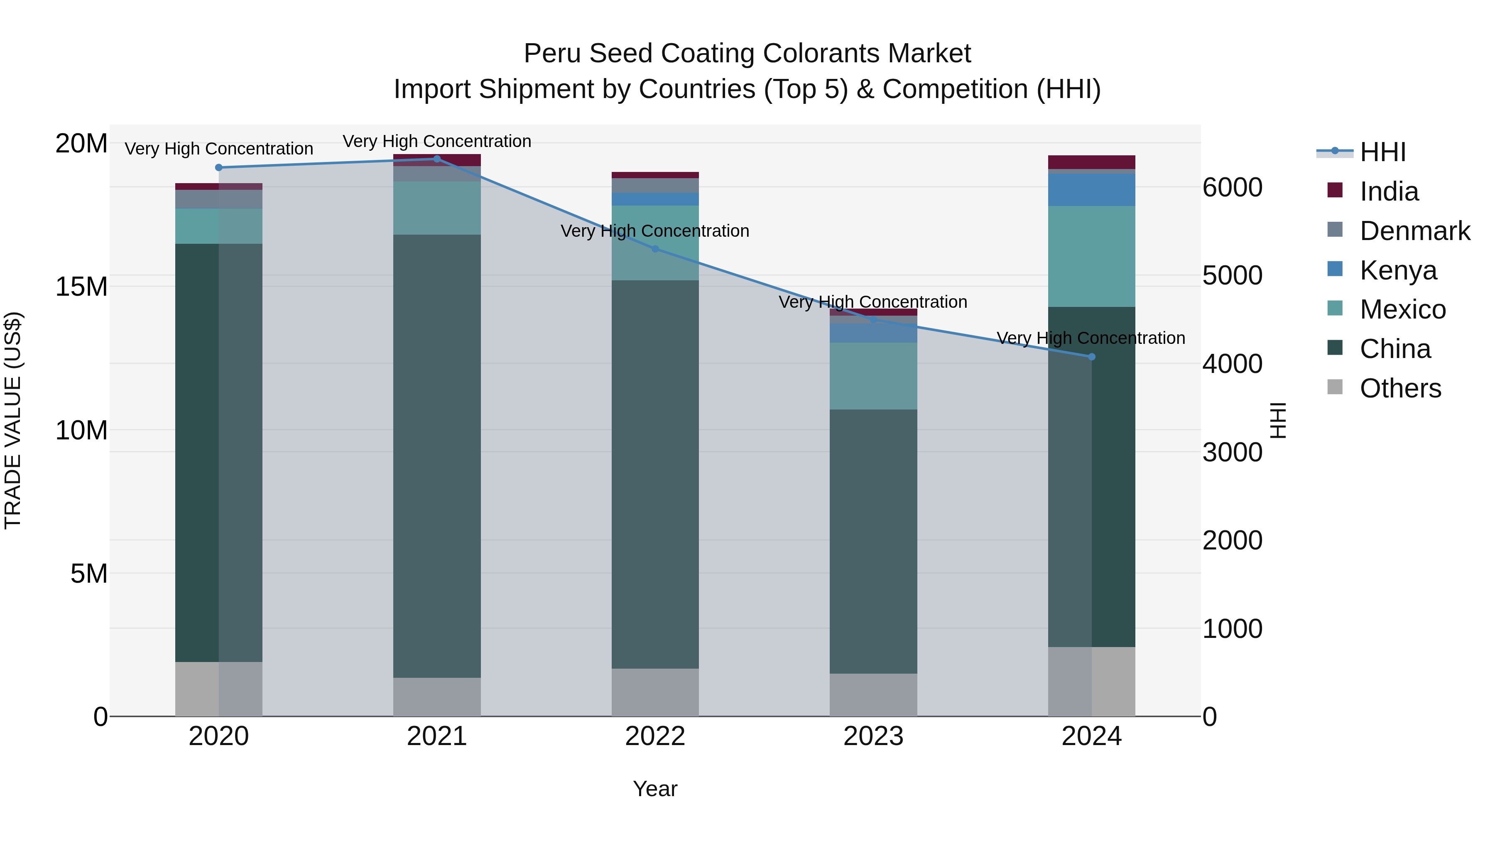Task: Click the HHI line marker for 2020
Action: click(x=219, y=168)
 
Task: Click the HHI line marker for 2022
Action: click(x=655, y=249)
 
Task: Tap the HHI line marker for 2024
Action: click(x=1092, y=357)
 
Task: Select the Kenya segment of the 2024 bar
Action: click(x=1092, y=190)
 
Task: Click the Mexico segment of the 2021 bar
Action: click(x=437, y=208)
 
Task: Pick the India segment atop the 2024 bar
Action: click(x=1092, y=162)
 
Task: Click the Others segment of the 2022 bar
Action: click(x=655, y=692)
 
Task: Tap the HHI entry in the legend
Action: click(x=1382, y=152)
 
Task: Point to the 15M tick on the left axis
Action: click(x=81, y=287)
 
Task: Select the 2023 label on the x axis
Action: click(x=873, y=736)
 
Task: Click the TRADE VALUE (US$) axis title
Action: click(x=13, y=420)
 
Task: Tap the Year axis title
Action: click(x=655, y=789)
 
